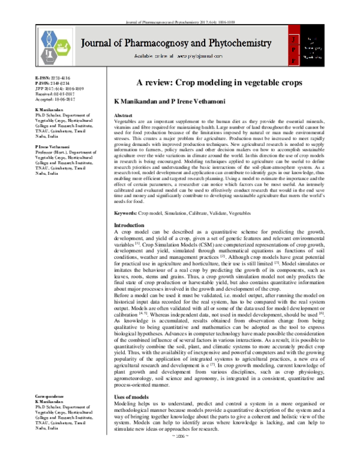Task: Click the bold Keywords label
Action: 126,213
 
